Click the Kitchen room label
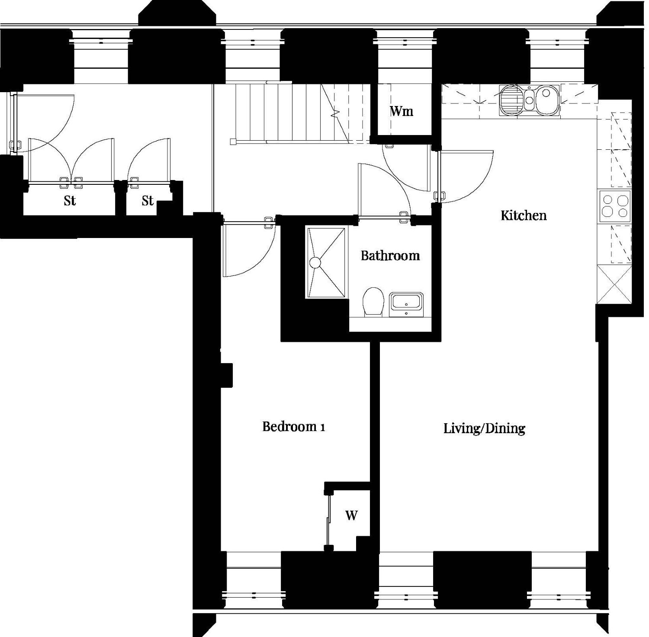point(524,216)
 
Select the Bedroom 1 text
point(294,427)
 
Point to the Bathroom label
point(390,255)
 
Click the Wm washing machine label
point(402,111)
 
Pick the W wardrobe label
point(351,515)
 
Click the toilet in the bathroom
point(373,302)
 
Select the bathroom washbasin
point(407,305)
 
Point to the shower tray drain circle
point(315,262)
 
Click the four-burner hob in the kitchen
point(615,207)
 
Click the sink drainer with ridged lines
point(511,100)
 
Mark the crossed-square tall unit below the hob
point(614,285)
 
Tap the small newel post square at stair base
point(233,141)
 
